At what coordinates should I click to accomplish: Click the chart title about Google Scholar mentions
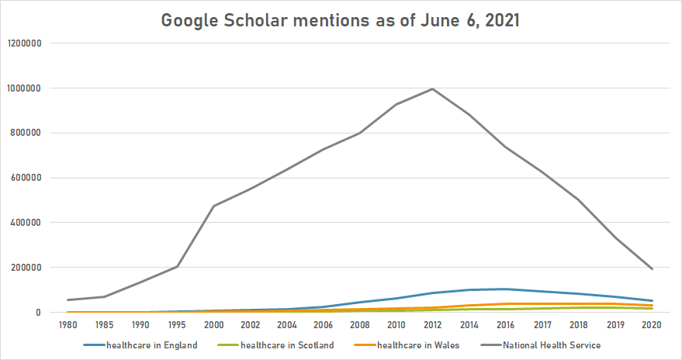pyautogui.click(x=341, y=20)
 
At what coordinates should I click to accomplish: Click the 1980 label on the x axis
pyautogui.click(x=68, y=325)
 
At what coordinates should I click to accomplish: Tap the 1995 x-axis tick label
pyautogui.click(x=177, y=325)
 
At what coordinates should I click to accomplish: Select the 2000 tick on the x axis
pyautogui.click(x=213, y=325)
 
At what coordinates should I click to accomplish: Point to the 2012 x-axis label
pyautogui.click(x=432, y=325)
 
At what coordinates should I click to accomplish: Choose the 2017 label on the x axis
pyautogui.click(x=542, y=325)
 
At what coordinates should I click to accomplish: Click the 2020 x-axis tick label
pyautogui.click(x=652, y=325)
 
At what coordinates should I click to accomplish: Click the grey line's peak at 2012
pyautogui.click(x=432, y=89)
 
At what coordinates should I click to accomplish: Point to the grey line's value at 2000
pyautogui.click(x=213, y=206)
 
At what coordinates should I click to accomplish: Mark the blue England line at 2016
pyautogui.click(x=505, y=289)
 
